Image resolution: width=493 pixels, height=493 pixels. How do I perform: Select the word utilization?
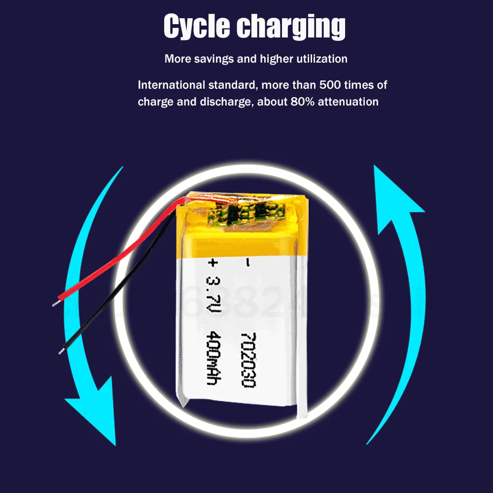(x=321, y=59)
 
